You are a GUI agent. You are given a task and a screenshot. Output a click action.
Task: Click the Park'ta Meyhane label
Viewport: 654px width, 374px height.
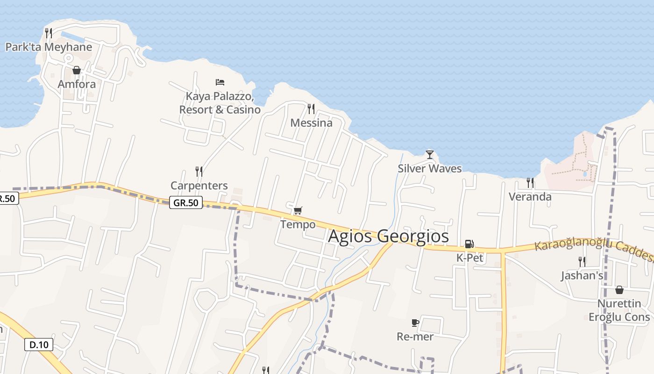(49, 47)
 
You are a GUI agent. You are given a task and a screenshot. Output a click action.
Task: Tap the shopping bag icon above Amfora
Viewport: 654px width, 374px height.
(77, 70)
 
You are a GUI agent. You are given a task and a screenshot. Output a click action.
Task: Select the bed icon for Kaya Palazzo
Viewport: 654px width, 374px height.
(220, 82)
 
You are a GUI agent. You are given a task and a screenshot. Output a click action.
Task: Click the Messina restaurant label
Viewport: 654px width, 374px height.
(311, 123)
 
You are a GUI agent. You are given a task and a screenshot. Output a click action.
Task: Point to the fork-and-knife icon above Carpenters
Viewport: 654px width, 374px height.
(199, 172)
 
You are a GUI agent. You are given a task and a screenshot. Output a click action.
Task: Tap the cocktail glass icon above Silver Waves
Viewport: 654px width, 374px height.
(430, 154)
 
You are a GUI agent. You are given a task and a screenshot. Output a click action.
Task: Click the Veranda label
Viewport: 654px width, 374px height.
(530, 197)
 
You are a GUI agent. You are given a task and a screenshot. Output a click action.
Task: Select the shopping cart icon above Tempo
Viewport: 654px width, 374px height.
(298, 210)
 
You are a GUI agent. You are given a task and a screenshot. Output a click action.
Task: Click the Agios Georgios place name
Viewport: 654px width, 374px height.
(388, 236)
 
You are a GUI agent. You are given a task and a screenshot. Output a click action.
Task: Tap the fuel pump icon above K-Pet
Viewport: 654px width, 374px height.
(469, 244)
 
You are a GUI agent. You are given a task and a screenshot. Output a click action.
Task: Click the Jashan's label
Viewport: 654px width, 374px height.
(582, 276)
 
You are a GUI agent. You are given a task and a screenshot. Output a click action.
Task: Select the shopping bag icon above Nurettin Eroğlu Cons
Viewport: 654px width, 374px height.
(619, 290)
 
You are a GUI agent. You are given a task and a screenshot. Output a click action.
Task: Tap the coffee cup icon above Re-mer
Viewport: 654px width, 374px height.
(415, 323)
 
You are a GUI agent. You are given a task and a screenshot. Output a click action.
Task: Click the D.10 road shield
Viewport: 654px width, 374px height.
(39, 345)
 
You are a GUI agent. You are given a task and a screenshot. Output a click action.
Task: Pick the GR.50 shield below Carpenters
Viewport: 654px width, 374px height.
(186, 203)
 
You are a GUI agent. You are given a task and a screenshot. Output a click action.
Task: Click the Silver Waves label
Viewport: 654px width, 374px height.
(430, 169)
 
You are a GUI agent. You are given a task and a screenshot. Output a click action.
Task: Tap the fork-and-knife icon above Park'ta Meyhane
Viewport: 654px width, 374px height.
(49, 33)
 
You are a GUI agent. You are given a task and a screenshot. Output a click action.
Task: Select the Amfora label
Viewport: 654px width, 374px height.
(77, 85)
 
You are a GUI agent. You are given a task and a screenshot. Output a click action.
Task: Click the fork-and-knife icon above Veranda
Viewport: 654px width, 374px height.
(530, 182)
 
